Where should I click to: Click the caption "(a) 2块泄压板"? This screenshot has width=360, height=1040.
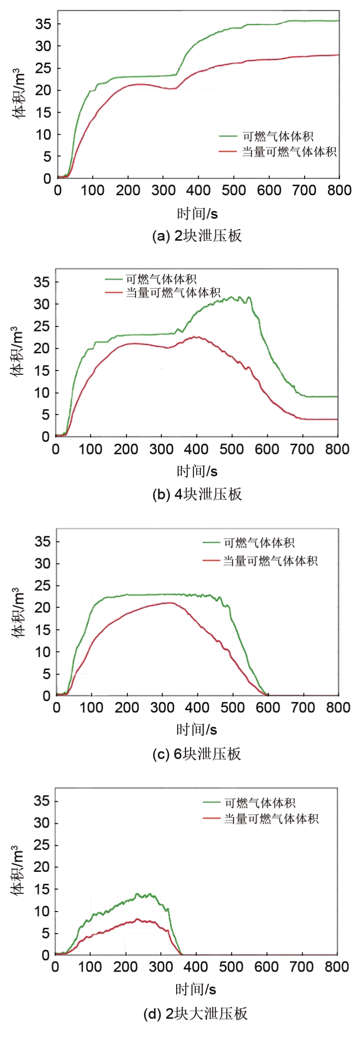197,236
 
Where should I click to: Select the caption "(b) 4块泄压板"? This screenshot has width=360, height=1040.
197,494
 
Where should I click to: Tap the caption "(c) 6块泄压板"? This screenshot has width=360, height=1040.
196,754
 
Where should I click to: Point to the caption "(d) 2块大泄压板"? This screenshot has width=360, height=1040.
196,1014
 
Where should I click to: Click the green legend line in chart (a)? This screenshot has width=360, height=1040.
228,136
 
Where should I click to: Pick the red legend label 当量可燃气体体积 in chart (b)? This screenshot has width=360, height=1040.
173,292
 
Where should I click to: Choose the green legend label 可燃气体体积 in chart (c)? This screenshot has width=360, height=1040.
259,543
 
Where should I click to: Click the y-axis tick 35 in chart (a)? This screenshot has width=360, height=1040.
42,24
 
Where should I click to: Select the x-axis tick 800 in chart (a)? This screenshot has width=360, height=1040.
339,191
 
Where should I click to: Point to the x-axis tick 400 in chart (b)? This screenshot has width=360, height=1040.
196,449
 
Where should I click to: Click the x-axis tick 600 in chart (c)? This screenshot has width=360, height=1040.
268,708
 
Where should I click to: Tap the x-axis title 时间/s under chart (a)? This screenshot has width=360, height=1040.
197,213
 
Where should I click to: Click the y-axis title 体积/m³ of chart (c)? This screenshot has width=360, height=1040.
18,613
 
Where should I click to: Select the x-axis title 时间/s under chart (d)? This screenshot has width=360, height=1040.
196,989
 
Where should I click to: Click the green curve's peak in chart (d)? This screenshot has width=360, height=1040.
137,893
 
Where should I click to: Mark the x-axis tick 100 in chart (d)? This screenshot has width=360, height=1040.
90,967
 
